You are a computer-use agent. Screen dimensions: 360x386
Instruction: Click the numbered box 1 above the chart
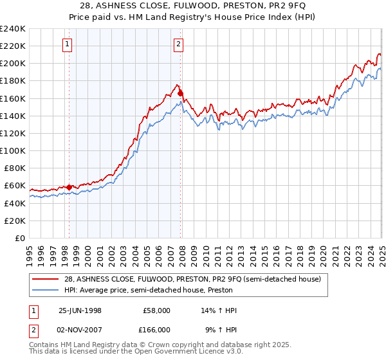tap(68, 44)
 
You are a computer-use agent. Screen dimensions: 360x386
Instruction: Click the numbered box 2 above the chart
tap(178, 44)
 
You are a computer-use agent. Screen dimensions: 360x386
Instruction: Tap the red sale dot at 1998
tap(69, 187)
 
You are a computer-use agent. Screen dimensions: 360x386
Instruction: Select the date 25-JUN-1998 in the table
tap(80, 310)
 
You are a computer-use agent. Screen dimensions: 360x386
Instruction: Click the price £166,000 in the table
tap(156, 330)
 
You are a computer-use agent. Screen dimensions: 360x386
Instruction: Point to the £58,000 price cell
tap(156, 310)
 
